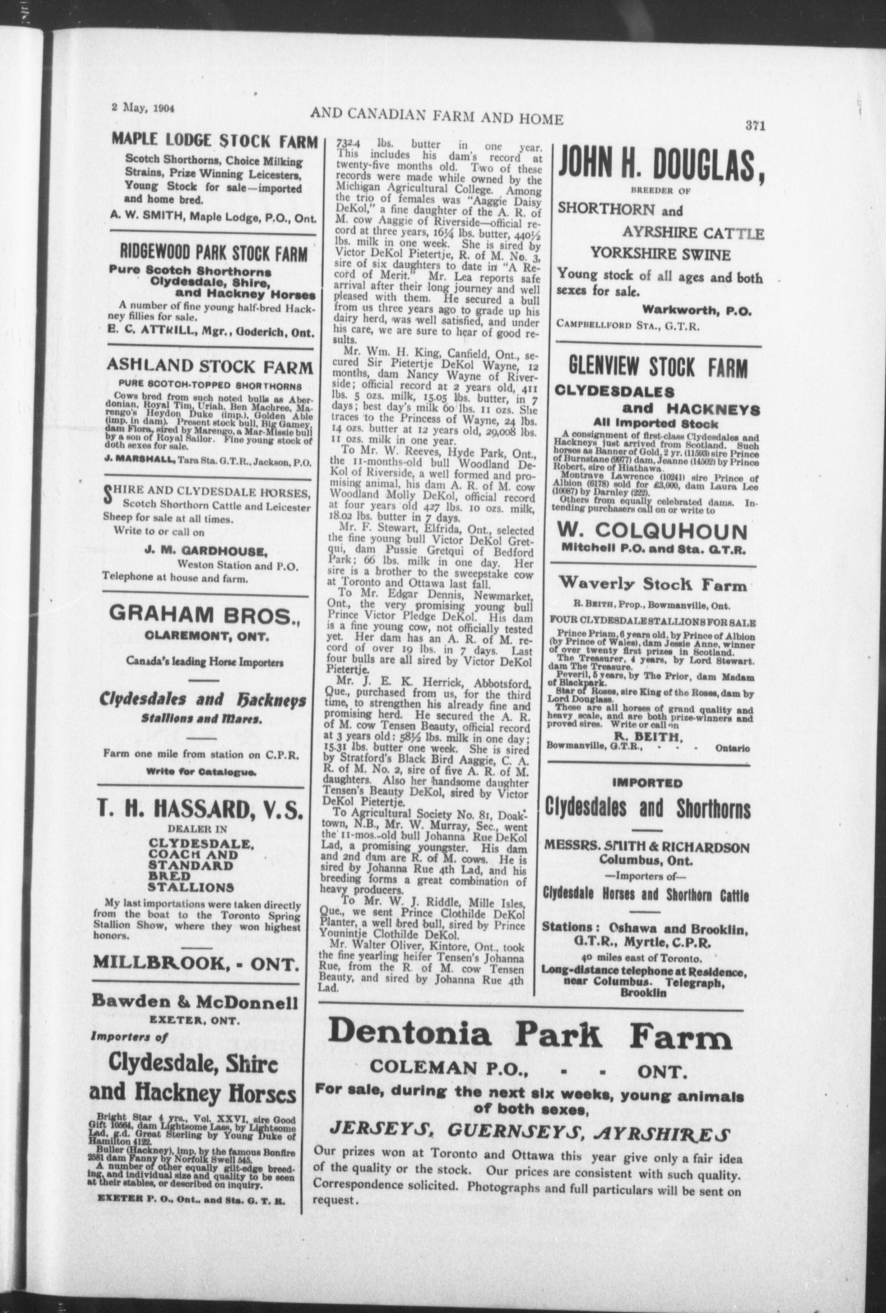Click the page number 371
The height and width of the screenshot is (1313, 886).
(754, 126)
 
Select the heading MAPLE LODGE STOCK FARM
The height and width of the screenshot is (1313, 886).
(214, 141)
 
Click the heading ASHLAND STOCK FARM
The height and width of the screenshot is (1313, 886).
(209, 367)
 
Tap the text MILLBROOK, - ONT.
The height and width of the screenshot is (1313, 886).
(196, 962)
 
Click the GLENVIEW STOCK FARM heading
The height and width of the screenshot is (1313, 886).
(658, 368)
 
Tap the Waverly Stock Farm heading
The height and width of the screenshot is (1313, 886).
(652, 585)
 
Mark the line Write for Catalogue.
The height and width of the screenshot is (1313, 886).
(201, 771)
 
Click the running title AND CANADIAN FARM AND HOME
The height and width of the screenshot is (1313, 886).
(436, 118)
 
